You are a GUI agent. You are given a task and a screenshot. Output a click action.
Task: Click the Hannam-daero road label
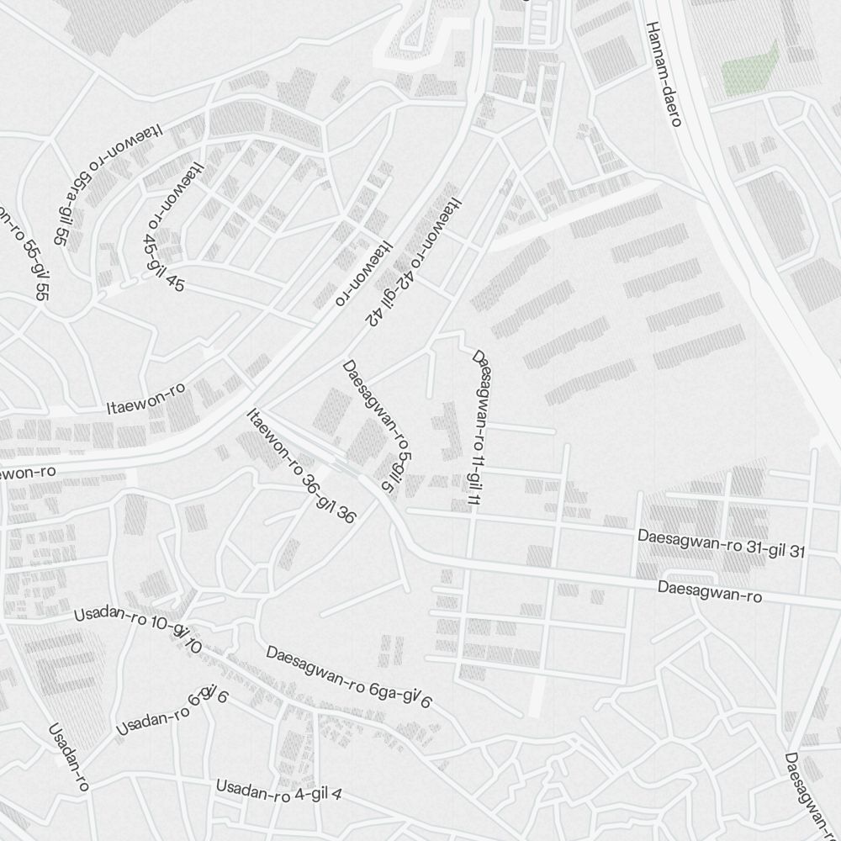[664, 74]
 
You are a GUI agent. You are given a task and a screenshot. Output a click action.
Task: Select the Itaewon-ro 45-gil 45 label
[165, 227]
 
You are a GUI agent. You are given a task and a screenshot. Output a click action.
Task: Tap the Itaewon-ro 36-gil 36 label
[300, 466]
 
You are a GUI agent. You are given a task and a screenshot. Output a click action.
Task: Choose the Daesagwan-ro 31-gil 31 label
[722, 543]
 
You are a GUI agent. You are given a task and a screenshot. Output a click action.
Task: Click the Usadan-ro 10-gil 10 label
[138, 627]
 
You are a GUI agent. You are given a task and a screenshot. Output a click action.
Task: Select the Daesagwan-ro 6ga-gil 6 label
[348, 676]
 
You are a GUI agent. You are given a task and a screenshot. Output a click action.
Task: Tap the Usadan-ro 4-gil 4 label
[278, 791]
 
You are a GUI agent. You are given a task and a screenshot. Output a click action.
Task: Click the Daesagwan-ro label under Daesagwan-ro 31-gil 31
[710, 591]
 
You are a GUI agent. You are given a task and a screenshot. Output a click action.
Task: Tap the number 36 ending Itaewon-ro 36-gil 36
[345, 514]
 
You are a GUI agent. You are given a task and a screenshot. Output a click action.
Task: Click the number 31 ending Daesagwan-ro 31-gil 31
[796, 552]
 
